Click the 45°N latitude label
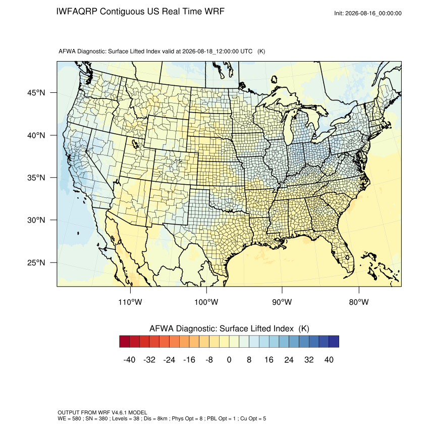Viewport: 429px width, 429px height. pos(36,93)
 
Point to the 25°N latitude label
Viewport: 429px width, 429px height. pos(36,262)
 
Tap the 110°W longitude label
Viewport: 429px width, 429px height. pos(130,302)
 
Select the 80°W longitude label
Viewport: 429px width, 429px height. pos(359,302)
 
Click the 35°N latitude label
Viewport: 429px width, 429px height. pos(36,178)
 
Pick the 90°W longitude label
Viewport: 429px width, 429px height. pos(282,302)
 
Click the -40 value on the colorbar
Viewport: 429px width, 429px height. pos(129,359)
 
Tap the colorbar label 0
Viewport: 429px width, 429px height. pos(229,359)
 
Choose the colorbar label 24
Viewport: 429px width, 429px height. pos(289,359)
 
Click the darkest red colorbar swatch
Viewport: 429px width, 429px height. pos(125,342)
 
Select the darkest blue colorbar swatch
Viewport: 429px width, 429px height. pos(334,342)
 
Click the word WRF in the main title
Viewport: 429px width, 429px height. pos(216,12)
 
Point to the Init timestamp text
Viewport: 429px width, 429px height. pos(368,13)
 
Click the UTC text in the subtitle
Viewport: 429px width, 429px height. pos(246,51)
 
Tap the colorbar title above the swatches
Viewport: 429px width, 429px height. pos(229,329)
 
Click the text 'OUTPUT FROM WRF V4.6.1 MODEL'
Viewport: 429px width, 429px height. pos(102,412)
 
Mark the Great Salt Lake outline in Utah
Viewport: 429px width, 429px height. pos(135,143)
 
